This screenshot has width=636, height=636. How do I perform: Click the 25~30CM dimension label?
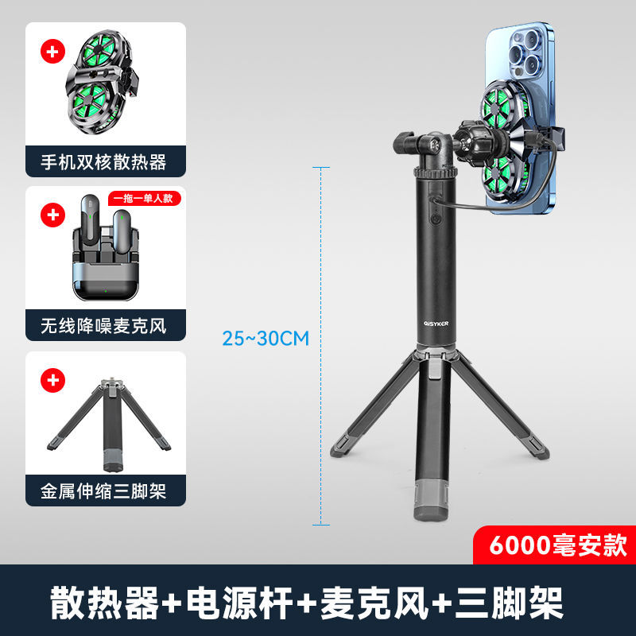click(266, 338)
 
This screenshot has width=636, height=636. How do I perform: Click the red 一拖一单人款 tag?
click(142, 199)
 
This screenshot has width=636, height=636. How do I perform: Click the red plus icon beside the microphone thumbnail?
click(53, 215)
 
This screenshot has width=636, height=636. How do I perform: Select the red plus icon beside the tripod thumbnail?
click(53, 380)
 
